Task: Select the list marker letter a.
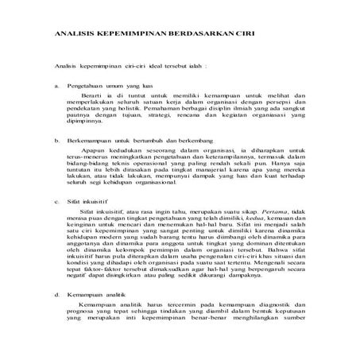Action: pyautogui.click(x=56, y=83)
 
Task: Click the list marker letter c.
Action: pyautogui.click(x=56, y=203)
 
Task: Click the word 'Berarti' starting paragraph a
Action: pyautogui.click(x=93, y=94)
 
